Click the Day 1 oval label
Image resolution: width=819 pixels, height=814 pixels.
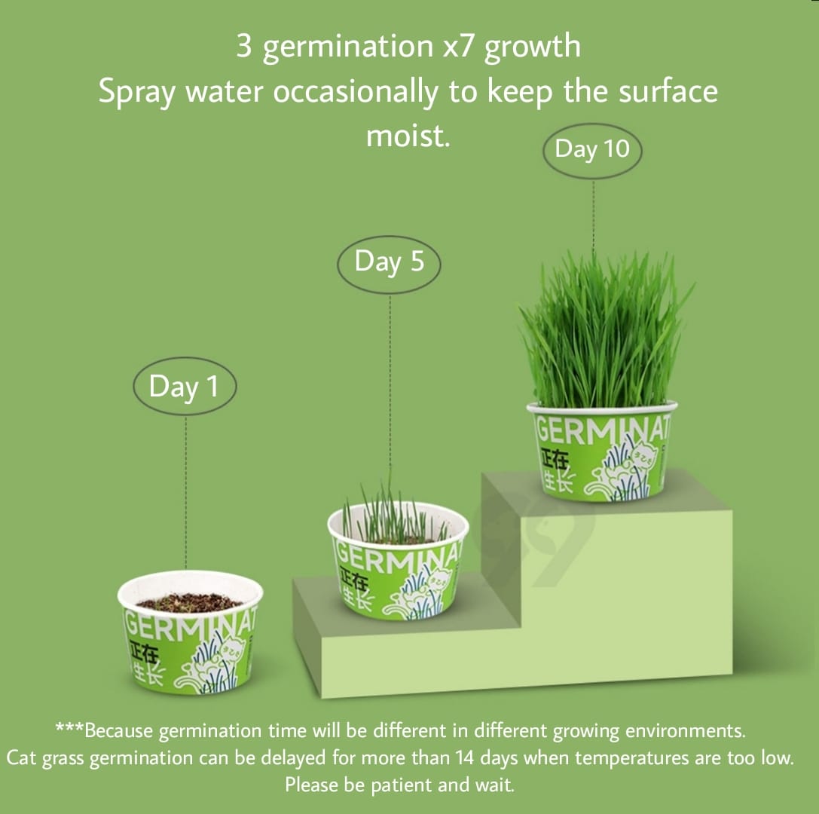point(185,387)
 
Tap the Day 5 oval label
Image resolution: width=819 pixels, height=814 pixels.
point(389,262)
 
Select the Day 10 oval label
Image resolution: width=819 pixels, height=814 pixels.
point(592,149)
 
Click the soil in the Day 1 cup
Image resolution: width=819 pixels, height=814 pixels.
point(190,601)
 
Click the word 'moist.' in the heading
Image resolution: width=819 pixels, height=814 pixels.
point(408,136)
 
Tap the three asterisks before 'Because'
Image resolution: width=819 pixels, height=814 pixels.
point(69,729)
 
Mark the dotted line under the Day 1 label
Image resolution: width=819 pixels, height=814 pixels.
point(185,490)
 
